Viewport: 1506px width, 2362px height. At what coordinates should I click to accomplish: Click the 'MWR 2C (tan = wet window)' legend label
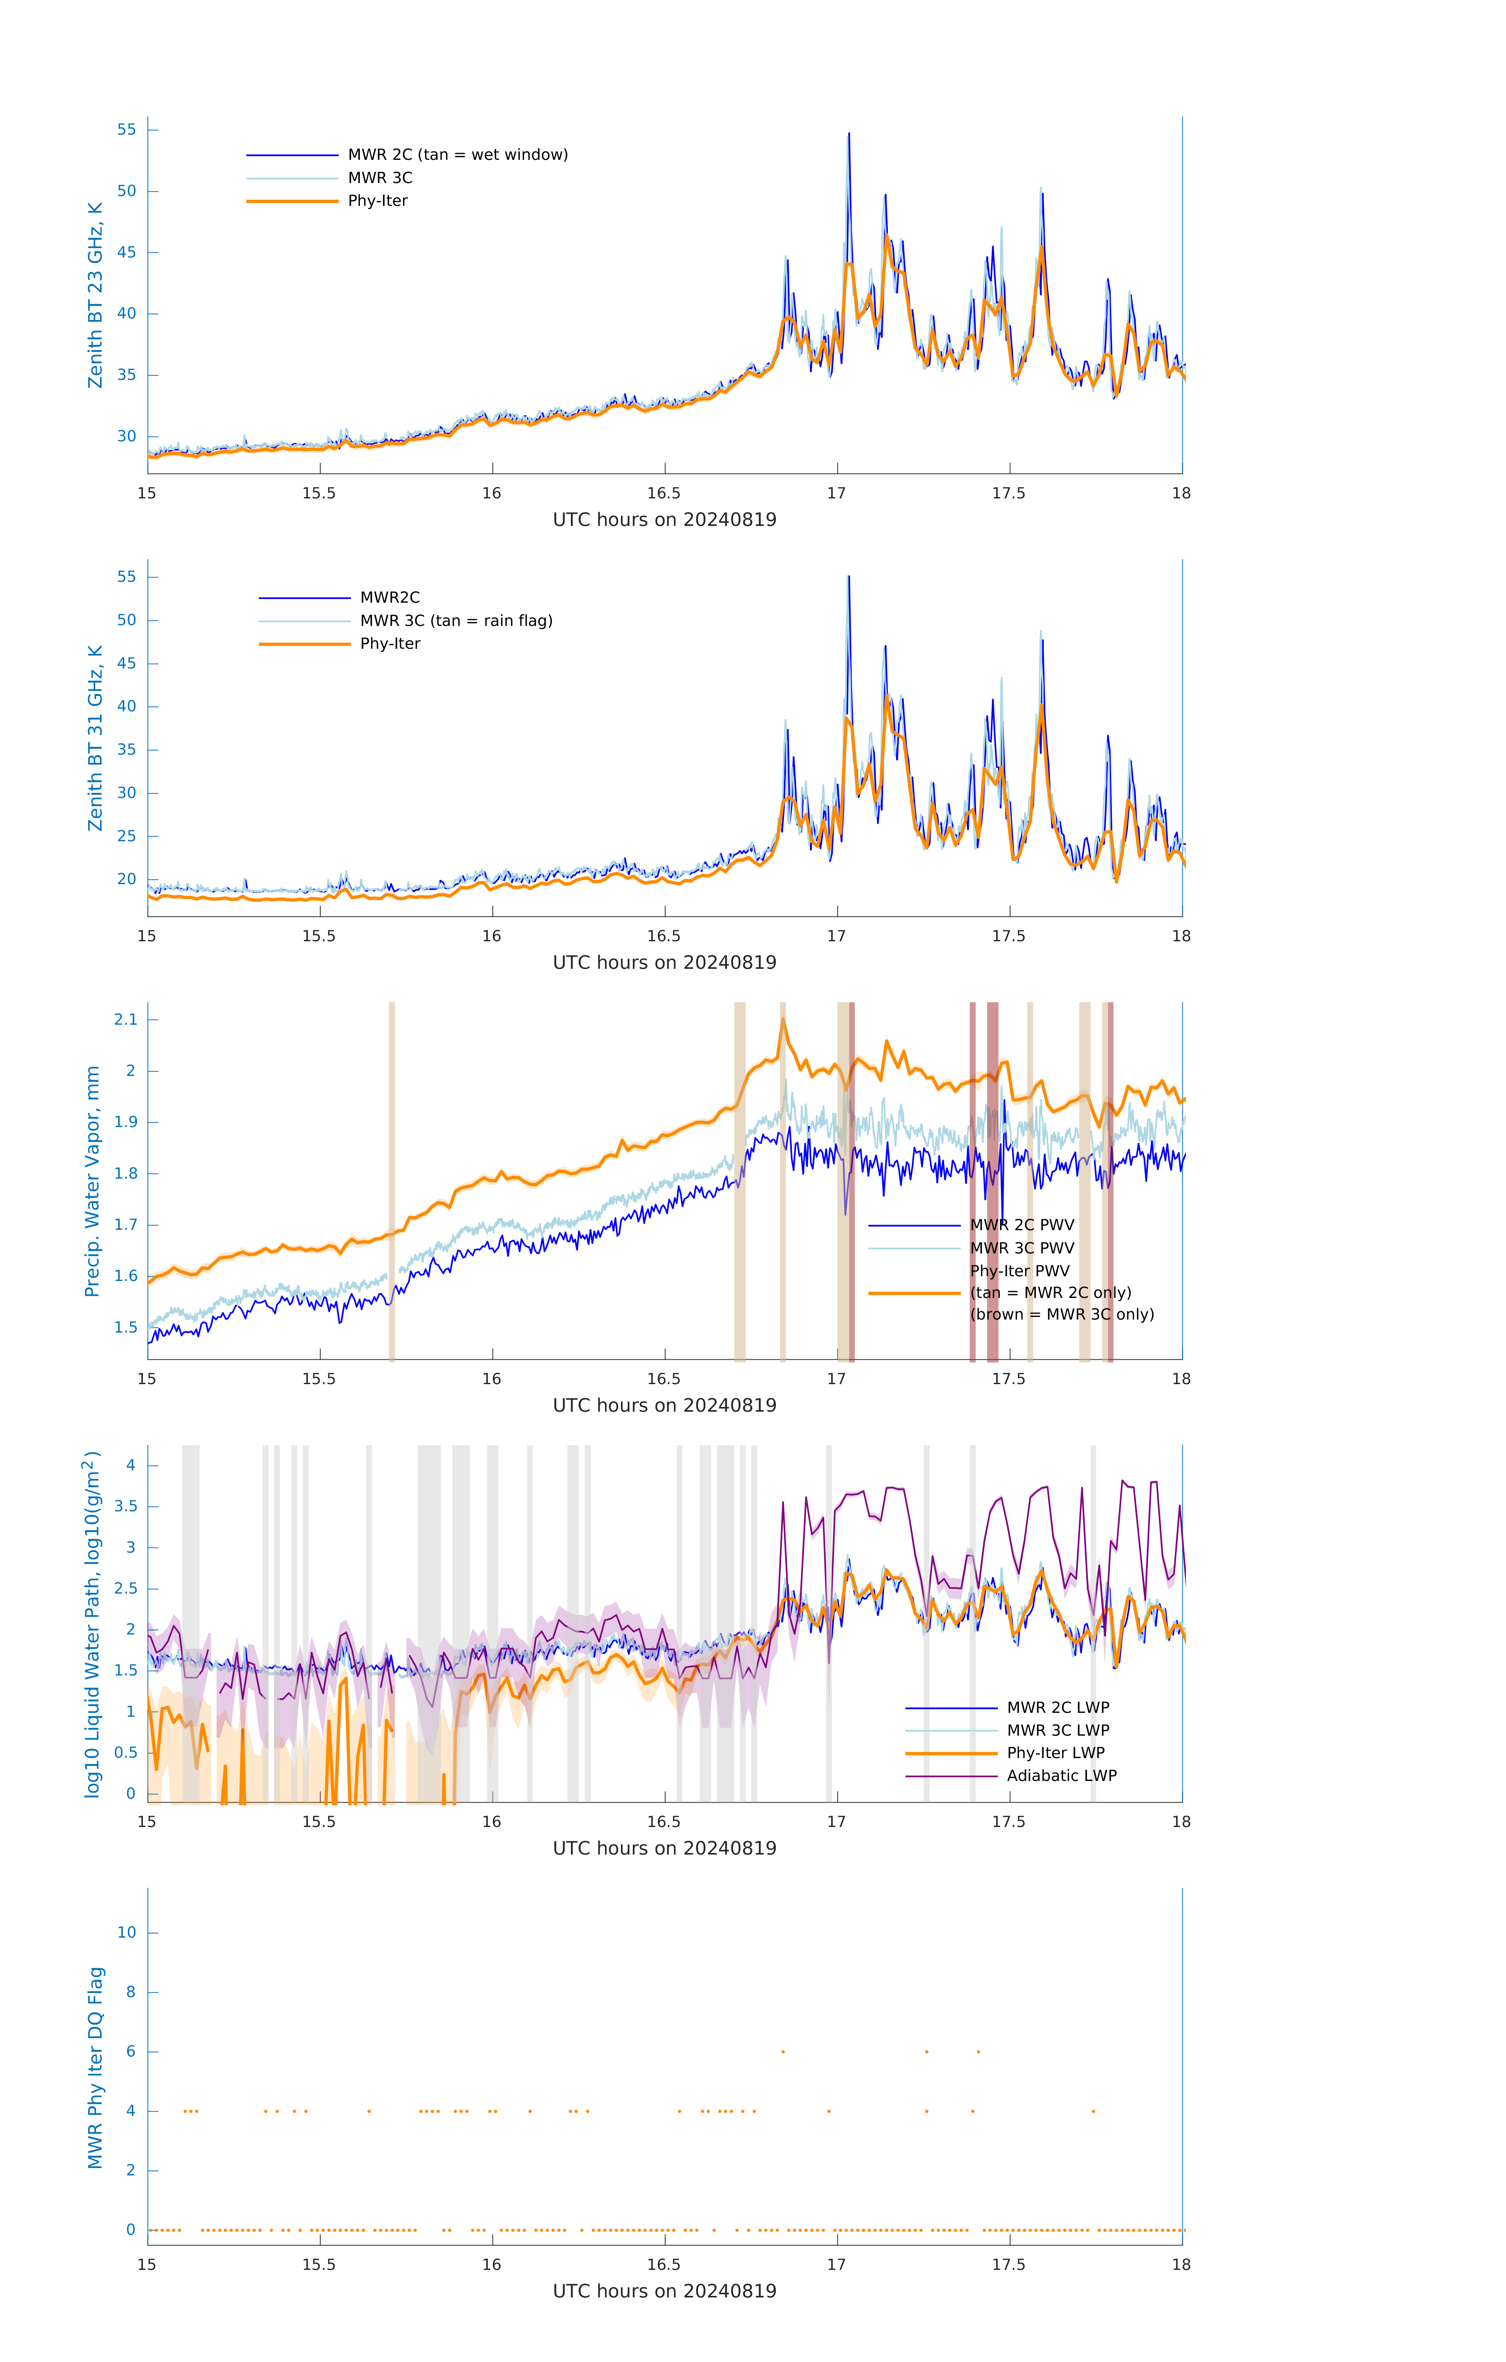457,155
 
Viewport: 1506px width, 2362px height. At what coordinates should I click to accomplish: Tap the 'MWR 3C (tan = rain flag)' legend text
456,621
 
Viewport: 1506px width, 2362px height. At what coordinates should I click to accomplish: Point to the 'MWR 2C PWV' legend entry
1021,1225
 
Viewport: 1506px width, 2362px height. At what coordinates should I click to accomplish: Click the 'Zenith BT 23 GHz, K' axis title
95,295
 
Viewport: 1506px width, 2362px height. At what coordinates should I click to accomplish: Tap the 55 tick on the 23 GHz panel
126,130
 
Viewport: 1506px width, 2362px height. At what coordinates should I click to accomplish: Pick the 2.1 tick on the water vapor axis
126,1020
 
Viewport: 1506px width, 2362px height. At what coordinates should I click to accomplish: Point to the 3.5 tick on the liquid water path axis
126,1507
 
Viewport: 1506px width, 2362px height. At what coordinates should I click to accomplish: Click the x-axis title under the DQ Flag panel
664,2292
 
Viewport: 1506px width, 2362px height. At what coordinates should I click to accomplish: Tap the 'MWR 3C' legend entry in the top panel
380,178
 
